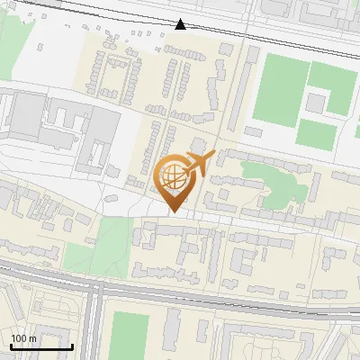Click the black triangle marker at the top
pyautogui.click(x=182, y=24)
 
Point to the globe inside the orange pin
pyautogui.click(x=173, y=175)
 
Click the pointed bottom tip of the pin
pyautogui.click(x=174, y=211)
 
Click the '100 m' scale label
pyautogui.click(x=23, y=338)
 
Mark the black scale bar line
pyautogui.click(x=41, y=346)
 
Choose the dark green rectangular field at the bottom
pyautogui.click(x=129, y=334)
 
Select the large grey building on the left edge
pyautogui.click(x=25, y=117)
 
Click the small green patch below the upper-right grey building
pyautogui.click(x=316, y=135)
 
